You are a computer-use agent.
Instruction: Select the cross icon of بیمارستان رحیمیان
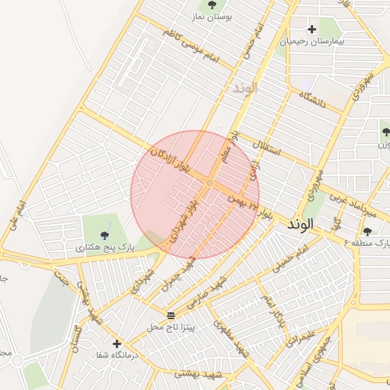(x=311, y=29)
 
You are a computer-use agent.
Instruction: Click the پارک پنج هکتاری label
(x=105, y=248)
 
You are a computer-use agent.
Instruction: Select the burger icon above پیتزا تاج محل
(x=171, y=315)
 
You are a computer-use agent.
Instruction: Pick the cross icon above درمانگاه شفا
(x=117, y=344)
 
